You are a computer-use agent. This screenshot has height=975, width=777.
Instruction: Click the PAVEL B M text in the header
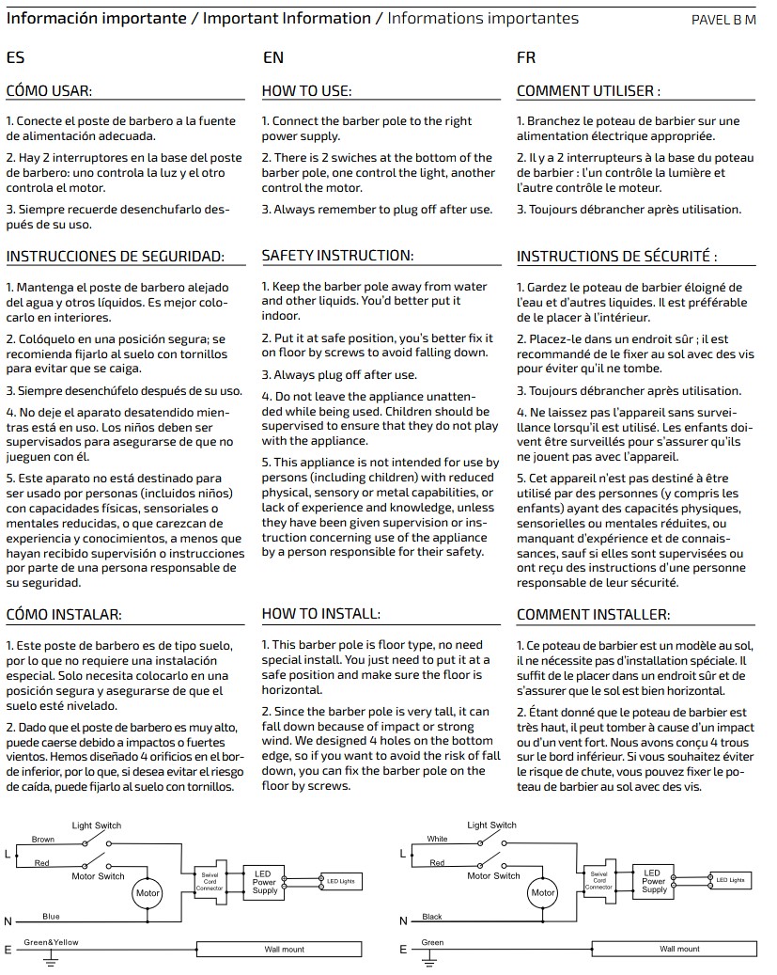point(723,20)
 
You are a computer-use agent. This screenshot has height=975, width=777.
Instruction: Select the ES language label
point(15,58)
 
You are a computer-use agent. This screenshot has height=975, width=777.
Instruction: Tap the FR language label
point(526,58)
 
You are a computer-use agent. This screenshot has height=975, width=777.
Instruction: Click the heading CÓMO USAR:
point(49,91)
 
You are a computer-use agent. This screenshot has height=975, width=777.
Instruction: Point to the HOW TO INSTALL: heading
point(320,614)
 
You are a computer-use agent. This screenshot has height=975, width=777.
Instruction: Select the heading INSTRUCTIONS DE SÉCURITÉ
point(616,256)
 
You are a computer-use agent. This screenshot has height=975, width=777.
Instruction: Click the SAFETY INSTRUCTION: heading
point(337,256)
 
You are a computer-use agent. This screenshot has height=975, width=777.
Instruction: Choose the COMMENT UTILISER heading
point(588,91)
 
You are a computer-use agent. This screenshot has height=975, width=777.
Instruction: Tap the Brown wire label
point(42,839)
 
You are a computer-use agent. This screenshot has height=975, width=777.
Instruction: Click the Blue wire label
point(51,916)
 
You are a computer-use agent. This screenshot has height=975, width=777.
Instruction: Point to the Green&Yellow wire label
point(52,941)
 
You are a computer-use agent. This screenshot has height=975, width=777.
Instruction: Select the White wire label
point(437,839)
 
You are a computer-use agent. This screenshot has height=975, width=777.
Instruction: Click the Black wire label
point(433,916)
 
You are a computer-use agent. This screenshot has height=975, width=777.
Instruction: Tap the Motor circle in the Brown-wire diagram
point(148,892)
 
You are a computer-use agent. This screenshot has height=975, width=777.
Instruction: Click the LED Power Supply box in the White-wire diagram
point(654,881)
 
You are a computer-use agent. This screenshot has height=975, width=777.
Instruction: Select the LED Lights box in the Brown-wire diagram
point(340,882)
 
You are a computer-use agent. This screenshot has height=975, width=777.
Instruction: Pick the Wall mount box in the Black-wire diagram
point(679,949)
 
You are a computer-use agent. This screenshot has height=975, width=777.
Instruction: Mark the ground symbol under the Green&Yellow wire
point(53,961)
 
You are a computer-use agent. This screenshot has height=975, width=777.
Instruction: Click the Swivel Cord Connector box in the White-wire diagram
point(601,881)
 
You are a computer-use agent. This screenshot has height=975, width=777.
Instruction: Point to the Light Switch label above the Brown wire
point(97,825)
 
